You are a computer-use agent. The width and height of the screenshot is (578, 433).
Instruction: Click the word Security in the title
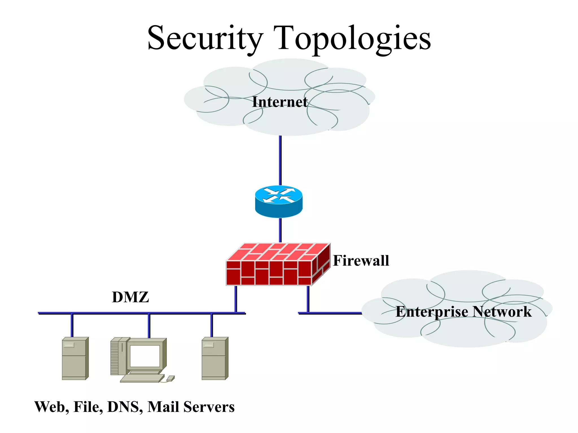coord(205,38)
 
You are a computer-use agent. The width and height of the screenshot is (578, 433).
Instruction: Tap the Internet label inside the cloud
coord(280,102)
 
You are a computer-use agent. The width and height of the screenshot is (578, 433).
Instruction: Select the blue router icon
coord(279,201)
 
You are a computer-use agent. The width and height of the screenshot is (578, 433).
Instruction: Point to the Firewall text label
coord(361,260)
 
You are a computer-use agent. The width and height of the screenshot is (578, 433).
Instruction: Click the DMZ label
coord(130,297)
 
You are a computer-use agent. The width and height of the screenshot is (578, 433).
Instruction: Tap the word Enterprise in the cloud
coord(432,312)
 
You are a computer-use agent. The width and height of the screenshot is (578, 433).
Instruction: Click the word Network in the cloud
coord(502,312)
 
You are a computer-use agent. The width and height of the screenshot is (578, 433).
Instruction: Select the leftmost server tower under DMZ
coord(75,359)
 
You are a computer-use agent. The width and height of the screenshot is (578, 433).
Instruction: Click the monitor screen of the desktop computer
coord(145,356)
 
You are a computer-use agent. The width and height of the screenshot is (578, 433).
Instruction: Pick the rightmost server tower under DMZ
coord(215,359)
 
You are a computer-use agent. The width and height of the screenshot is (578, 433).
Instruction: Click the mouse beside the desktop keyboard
coord(170,378)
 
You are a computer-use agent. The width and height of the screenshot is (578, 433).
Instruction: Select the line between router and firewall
coord(280,230)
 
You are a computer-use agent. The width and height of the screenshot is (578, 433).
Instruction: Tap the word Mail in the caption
coord(163,407)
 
